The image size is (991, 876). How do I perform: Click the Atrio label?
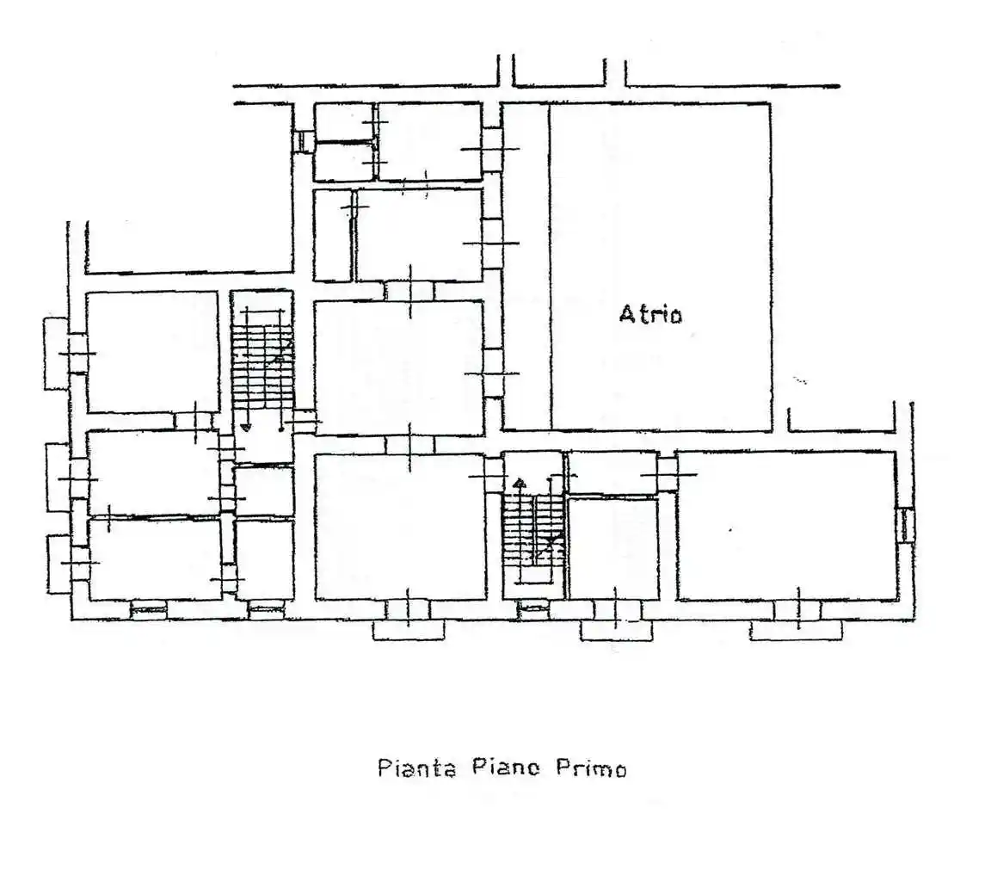tap(650, 314)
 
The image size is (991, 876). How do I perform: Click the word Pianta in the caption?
tap(416, 768)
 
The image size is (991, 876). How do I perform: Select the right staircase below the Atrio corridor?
tap(533, 525)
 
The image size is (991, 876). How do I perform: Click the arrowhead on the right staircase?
tap(518, 484)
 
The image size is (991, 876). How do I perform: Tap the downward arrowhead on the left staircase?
tap(245, 426)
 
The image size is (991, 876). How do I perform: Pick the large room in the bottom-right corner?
tap(787, 525)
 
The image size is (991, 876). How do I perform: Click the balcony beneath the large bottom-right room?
tap(795, 631)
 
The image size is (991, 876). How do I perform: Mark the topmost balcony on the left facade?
tap(56, 353)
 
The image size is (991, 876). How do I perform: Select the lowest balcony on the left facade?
tap(58, 564)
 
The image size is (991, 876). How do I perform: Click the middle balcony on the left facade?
tap(57, 478)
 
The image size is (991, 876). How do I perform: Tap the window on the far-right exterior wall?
tap(906, 524)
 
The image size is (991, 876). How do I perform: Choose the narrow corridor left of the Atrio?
tap(525, 267)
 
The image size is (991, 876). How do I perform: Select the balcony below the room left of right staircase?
tap(409, 631)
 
